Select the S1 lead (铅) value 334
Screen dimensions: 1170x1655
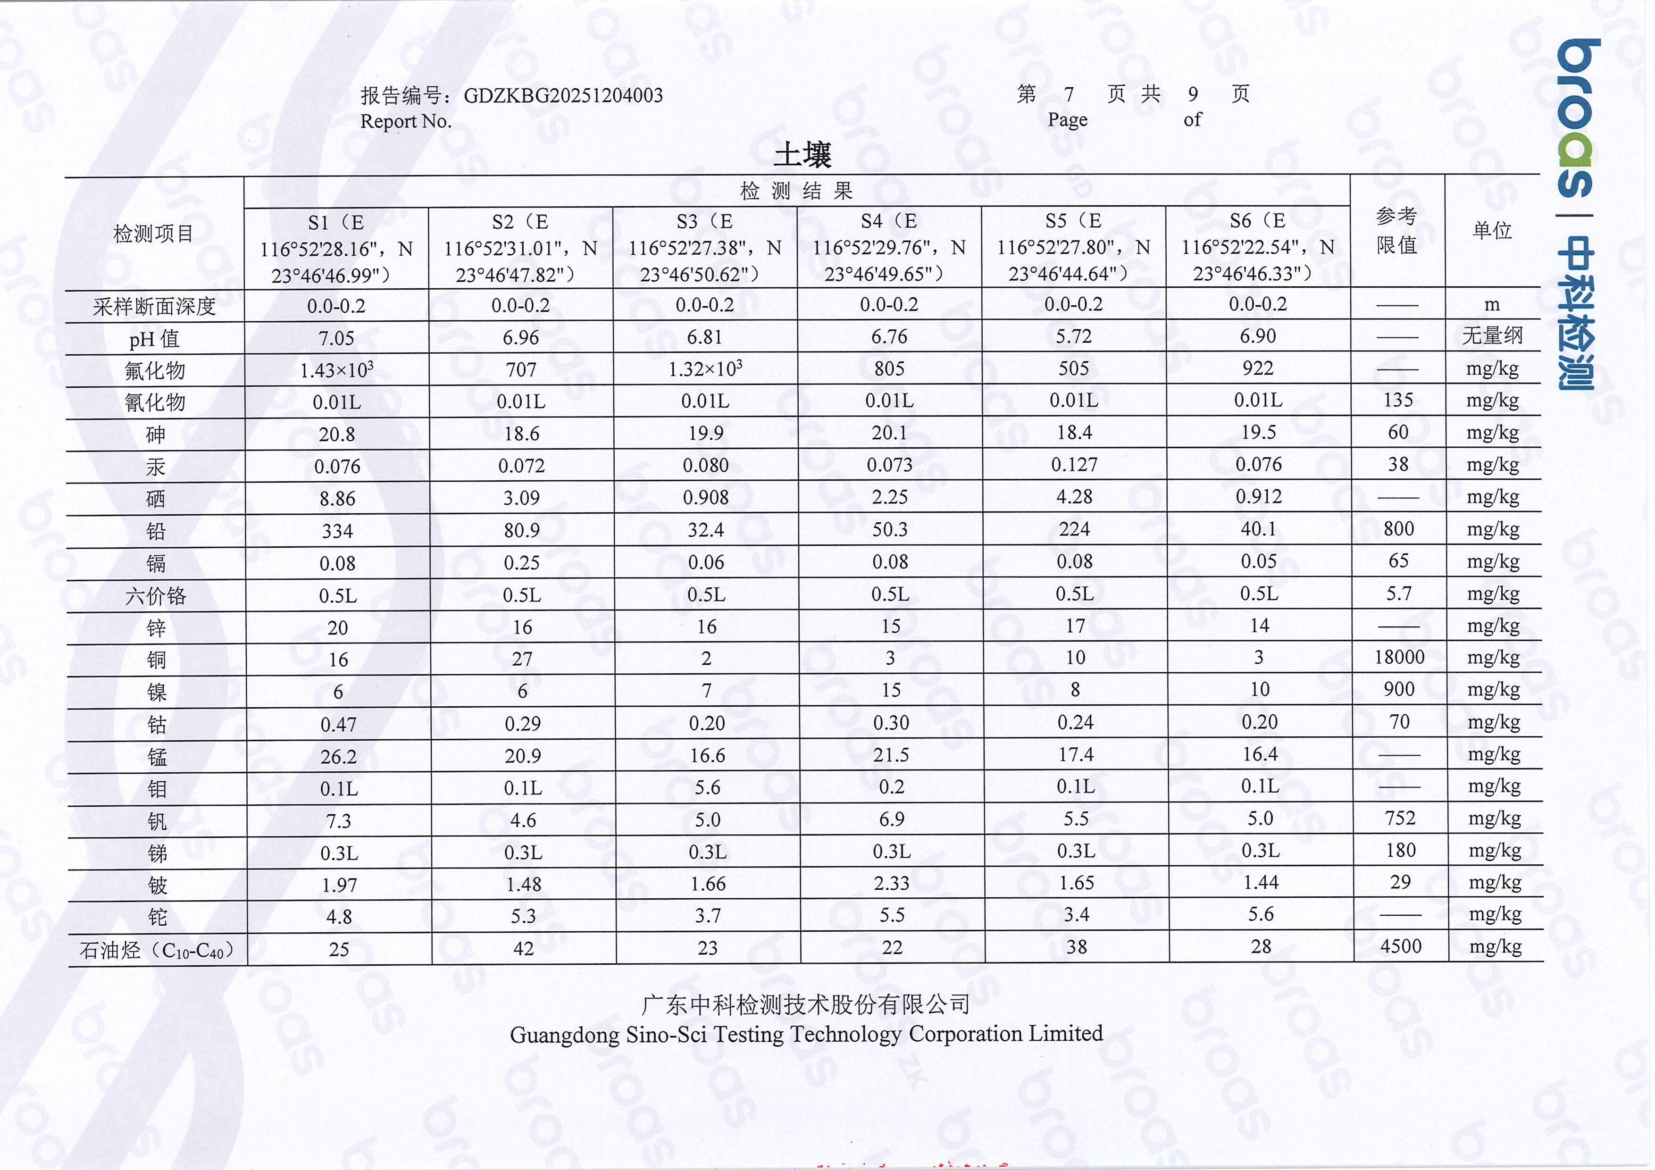pos(337,531)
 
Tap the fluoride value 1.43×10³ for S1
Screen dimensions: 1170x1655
pos(337,370)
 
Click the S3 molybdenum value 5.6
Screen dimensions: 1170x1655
pos(707,787)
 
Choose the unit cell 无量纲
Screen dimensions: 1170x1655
pos(1491,336)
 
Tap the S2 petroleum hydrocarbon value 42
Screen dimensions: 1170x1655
pos(523,949)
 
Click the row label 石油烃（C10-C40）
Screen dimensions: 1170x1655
pos(157,951)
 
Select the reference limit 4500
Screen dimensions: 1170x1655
pos(1401,946)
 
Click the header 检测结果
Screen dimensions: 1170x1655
pos(796,191)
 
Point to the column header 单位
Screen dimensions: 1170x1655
pos(1491,231)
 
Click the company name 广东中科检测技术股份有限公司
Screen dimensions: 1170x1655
pos(805,1004)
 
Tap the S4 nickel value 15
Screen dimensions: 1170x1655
pos(891,690)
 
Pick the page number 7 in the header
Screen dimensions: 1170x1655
pos(1069,94)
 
